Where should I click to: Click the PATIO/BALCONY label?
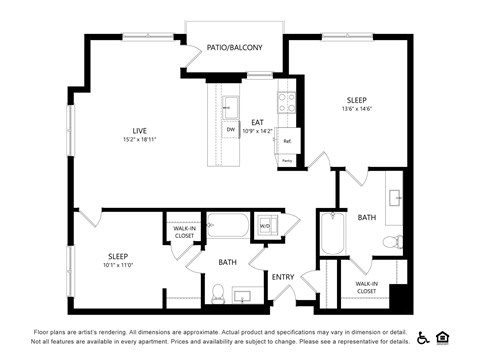coord(234,47)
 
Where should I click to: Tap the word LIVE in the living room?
coord(142,130)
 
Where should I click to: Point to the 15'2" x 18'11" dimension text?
coord(142,140)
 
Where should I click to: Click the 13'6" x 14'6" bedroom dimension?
coord(357,109)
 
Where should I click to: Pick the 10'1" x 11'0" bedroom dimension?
coord(117,265)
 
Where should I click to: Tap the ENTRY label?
coord(283,277)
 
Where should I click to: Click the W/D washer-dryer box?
coord(265,225)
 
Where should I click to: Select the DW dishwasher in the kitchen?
coord(230,130)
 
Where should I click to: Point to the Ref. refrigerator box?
coord(287,141)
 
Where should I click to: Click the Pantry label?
coord(287,160)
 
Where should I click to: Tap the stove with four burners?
coord(284,101)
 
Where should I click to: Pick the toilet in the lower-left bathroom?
coord(217,292)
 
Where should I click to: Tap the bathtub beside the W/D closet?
coord(226,226)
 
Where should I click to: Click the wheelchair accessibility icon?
coord(423,337)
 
